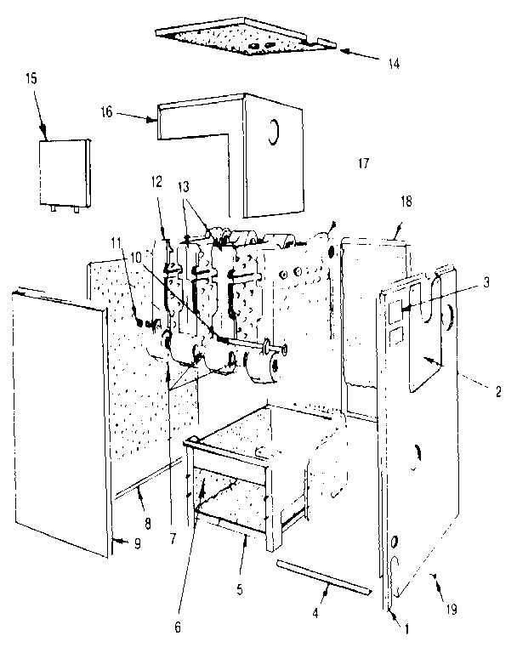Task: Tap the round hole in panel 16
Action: coord(275,132)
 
